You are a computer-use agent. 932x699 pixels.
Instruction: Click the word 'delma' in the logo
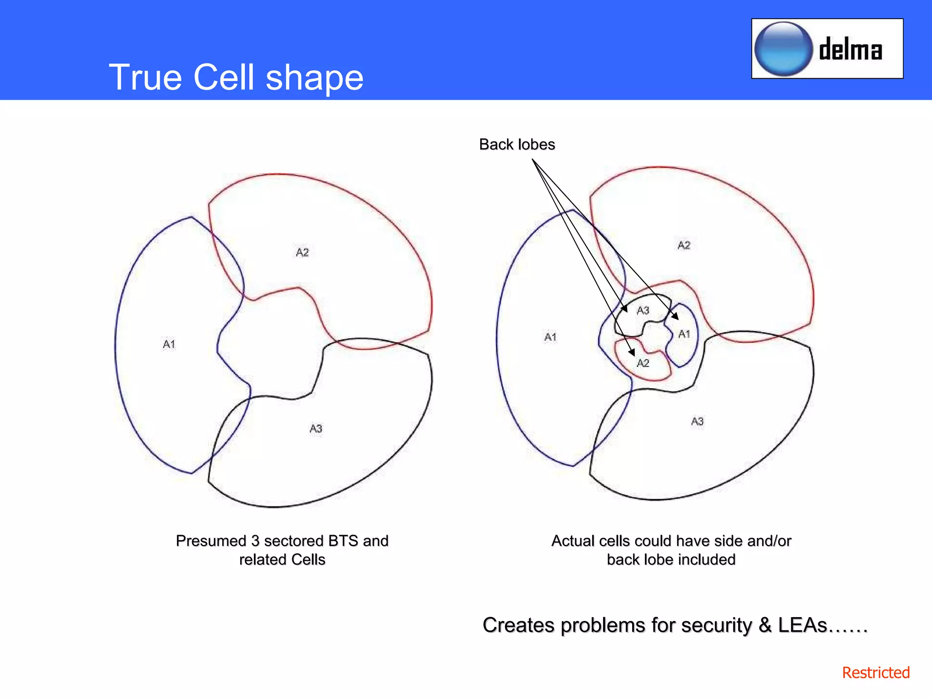pos(850,50)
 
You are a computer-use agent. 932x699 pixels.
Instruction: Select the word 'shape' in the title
pos(314,77)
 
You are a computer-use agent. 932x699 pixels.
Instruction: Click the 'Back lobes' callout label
pos(517,144)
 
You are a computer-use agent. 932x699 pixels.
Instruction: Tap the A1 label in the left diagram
pos(169,344)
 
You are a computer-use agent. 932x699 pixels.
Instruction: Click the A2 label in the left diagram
pos(302,252)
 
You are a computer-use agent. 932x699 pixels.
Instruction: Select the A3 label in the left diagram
pos(316,428)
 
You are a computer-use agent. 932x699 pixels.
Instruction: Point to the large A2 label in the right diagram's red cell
pos(684,245)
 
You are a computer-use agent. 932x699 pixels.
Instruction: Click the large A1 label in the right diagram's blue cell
pos(551,337)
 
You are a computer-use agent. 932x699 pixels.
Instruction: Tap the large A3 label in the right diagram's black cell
pos(697,421)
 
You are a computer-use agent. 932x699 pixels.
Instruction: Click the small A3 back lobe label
pos(643,310)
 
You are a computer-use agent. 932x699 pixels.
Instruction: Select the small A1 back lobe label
pos(684,334)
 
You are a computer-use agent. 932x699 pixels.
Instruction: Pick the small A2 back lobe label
pos(643,363)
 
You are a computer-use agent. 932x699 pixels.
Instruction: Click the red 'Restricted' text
pos(876,673)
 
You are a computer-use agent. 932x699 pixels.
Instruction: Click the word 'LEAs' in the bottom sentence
pos(802,625)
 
